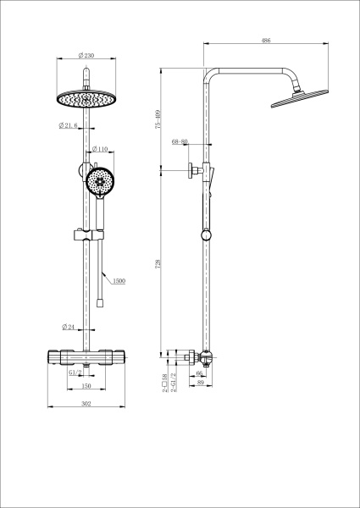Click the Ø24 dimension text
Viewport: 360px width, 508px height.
(70, 327)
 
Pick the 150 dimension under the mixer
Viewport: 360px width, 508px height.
(86, 386)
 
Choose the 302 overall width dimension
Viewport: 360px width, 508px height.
(86, 403)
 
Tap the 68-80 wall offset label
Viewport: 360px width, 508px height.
(180, 141)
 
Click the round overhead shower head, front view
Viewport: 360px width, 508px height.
(86, 98)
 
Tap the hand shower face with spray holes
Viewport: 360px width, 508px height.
(101, 181)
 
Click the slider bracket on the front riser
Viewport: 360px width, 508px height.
(86, 233)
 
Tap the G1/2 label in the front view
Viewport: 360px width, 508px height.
(75, 372)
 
